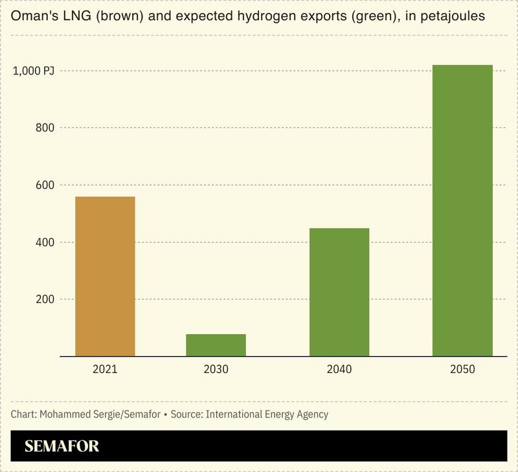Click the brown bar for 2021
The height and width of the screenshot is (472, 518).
105,276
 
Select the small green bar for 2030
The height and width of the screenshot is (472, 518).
216,345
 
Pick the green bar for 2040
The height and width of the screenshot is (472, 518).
339,292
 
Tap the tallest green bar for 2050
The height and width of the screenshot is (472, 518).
462,210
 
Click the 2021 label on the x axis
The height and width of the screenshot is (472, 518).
105,370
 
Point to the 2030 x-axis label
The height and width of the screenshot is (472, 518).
216,370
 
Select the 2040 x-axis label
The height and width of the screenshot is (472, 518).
339,370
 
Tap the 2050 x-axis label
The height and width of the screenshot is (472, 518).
462,370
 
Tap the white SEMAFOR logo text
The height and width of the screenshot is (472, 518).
62,446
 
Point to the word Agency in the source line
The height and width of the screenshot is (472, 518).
311,414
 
